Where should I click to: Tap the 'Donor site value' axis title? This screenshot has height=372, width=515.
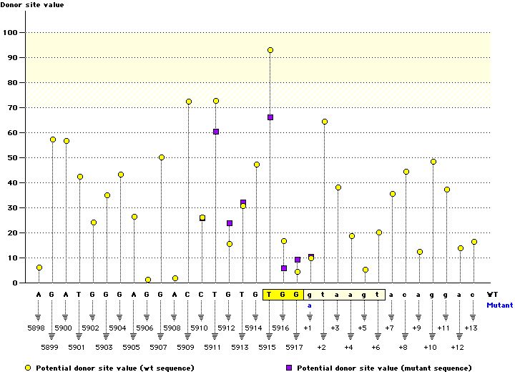[x=31, y=5]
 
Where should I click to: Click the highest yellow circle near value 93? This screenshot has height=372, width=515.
[x=270, y=50]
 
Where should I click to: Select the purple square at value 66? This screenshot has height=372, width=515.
[x=270, y=117]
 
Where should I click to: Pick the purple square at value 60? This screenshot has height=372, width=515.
[x=216, y=132]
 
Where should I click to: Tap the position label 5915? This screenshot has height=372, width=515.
[x=270, y=347]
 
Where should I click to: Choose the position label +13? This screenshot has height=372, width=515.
[x=471, y=328]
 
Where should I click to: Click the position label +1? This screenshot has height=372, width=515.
[x=308, y=328]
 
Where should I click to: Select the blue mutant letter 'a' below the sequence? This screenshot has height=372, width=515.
[x=310, y=305]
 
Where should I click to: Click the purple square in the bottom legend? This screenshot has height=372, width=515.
[x=289, y=368]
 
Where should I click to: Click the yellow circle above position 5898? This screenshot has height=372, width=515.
[x=39, y=268]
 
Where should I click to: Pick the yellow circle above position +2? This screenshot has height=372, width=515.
[x=325, y=122]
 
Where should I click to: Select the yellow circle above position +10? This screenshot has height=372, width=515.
[x=433, y=162]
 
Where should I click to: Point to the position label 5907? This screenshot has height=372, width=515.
[x=161, y=347]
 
